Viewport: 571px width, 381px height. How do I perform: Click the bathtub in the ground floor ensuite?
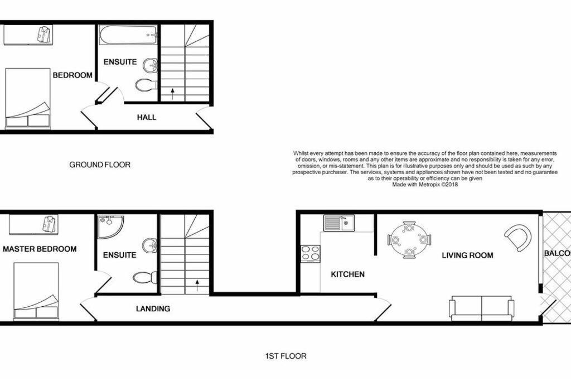click(128, 35)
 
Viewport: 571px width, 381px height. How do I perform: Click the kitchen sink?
click(338, 223)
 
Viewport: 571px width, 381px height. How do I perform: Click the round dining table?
click(409, 240)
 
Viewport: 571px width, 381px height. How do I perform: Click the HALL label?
click(147, 117)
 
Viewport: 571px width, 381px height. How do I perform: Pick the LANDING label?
click(153, 308)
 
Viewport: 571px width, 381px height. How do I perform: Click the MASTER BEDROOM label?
click(40, 249)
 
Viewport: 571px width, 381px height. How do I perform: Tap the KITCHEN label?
click(347, 274)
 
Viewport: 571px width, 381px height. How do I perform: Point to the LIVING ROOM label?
click(468, 255)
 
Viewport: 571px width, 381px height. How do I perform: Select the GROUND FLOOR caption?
click(100, 165)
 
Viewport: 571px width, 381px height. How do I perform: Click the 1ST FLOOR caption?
click(286, 356)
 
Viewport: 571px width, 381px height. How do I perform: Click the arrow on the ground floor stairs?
click(172, 93)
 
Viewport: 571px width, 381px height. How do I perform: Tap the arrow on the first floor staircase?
click(197, 285)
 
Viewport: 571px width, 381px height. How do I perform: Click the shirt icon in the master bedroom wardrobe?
click(49, 223)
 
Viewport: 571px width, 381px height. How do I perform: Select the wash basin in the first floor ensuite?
click(149, 245)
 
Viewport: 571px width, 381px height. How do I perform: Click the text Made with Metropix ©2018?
click(425, 185)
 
